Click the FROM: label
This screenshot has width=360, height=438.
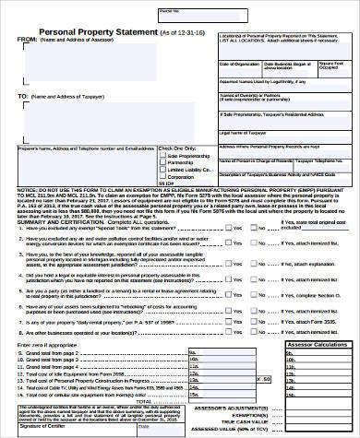29,41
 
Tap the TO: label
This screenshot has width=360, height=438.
24,95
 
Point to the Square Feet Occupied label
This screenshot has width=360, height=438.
330,66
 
